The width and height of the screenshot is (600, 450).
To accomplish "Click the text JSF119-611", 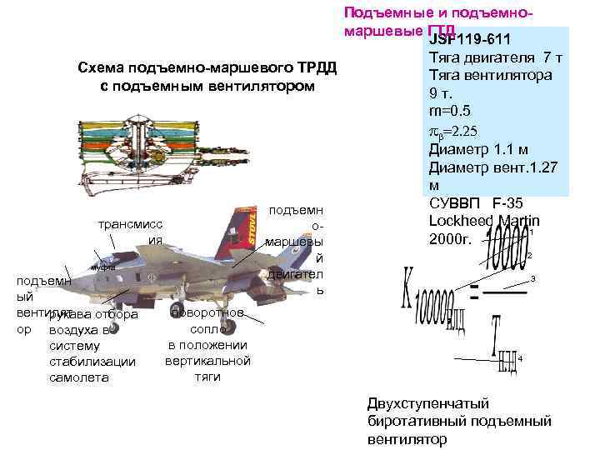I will click(470, 41).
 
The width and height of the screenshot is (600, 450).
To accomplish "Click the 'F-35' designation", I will click(509, 203).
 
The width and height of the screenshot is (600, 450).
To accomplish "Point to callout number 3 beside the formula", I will click(532, 277).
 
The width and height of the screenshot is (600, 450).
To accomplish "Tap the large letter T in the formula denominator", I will click(497, 328).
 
